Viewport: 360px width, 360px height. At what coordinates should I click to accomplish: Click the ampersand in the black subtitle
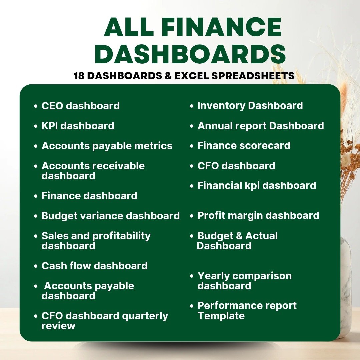(x=168, y=76)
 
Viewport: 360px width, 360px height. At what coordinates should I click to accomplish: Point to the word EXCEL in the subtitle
(x=192, y=76)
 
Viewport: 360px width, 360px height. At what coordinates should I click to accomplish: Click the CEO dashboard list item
(x=81, y=106)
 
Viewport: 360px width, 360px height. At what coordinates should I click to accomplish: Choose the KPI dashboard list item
(x=78, y=126)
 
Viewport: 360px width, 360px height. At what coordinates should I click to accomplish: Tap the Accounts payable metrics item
(x=107, y=146)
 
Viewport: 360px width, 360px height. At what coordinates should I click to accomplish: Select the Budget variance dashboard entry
(x=110, y=216)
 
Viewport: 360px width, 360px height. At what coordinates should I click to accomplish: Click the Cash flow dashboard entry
(x=95, y=266)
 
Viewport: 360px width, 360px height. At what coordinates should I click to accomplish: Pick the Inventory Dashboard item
(x=250, y=106)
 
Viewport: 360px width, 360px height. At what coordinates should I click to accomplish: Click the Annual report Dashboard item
(x=261, y=126)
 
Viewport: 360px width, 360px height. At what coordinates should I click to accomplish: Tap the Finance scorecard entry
(x=244, y=146)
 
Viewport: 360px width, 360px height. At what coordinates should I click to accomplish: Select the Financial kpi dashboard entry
(x=257, y=186)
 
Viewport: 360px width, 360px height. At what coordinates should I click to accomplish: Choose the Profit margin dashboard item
(x=258, y=216)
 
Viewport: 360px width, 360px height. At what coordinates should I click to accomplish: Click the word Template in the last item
(x=221, y=316)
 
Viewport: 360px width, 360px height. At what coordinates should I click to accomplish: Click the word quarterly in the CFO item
(x=145, y=316)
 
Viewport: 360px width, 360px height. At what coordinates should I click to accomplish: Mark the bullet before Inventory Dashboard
(x=192, y=106)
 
